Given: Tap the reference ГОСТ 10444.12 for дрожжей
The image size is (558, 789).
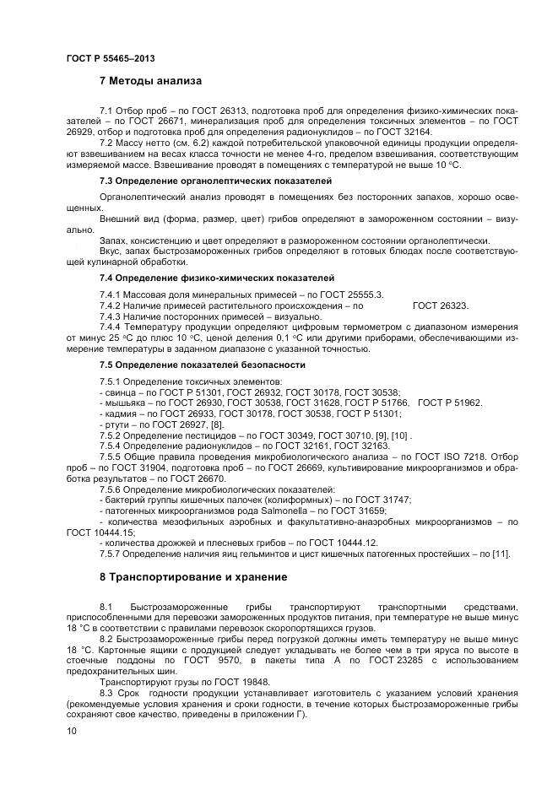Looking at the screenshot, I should (334, 542).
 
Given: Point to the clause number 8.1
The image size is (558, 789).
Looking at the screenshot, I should (106, 607).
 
